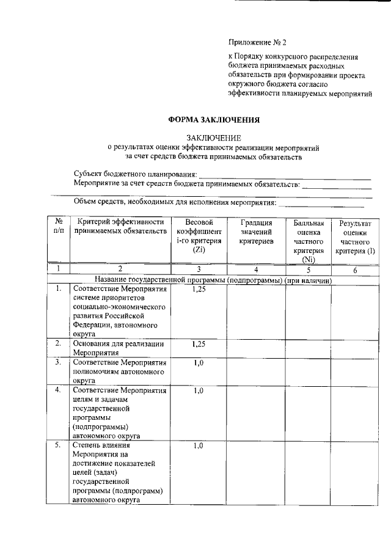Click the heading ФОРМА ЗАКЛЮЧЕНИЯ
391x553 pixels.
pos(214,120)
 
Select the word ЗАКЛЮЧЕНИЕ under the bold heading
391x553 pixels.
pos(214,137)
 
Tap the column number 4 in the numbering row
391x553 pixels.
pos(256,268)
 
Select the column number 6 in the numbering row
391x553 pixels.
pos(355,268)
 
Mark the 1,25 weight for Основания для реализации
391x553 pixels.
pos(199,343)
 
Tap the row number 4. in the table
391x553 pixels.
pos(58,390)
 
